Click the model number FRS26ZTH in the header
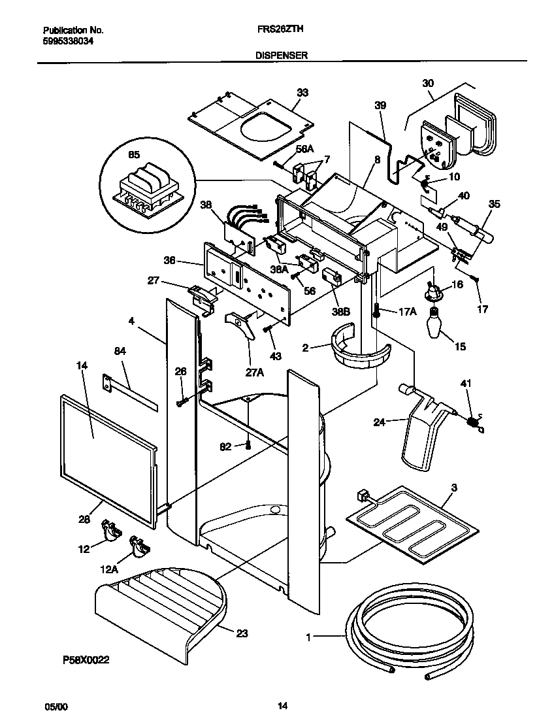coord(278,30)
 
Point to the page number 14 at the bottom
coord(282,706)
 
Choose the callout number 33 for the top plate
coord(302,93)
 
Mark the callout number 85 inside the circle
coord(134,156)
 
